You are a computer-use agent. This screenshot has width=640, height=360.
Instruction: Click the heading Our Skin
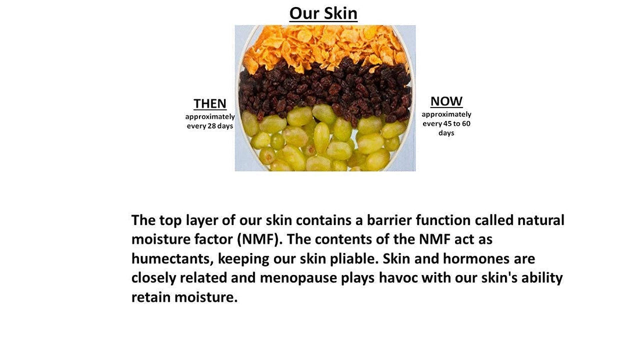[323, 13]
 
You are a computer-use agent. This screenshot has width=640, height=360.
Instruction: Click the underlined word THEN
[210, 104]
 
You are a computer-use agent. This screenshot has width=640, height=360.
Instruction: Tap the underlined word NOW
[446, 102]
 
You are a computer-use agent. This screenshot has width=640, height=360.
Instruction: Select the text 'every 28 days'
[210, 126]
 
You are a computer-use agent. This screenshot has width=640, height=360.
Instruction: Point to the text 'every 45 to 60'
[446, 123]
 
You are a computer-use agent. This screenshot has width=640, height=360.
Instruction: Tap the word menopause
[298, 278]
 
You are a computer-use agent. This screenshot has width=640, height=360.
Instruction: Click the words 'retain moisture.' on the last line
[184, 297]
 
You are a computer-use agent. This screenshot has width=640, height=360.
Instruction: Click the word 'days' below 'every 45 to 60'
[446, 133]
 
